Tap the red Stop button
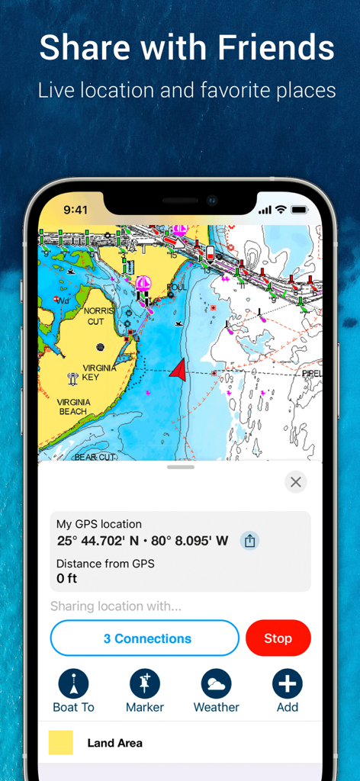(278, 638)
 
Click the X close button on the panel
(296, 482)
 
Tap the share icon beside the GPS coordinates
(249, 541)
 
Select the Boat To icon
(73, 684)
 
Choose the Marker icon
(145, 684)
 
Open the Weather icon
(216, 684)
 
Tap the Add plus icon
(287, 684)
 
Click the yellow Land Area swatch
(61, 743)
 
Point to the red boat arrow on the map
(178, 370)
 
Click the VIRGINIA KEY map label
(99, 372)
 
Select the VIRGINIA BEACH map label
(73, 407)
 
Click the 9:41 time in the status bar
(76, 210)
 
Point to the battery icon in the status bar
(299, 210)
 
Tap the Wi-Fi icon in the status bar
(281, 210)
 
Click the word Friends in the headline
(276, 49)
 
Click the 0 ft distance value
(67, 579)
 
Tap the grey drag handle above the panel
(180, 467)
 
